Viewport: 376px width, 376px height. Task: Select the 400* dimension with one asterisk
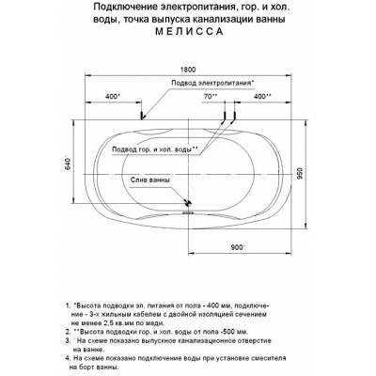[113, 97]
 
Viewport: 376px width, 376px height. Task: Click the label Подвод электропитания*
[211, 84]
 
